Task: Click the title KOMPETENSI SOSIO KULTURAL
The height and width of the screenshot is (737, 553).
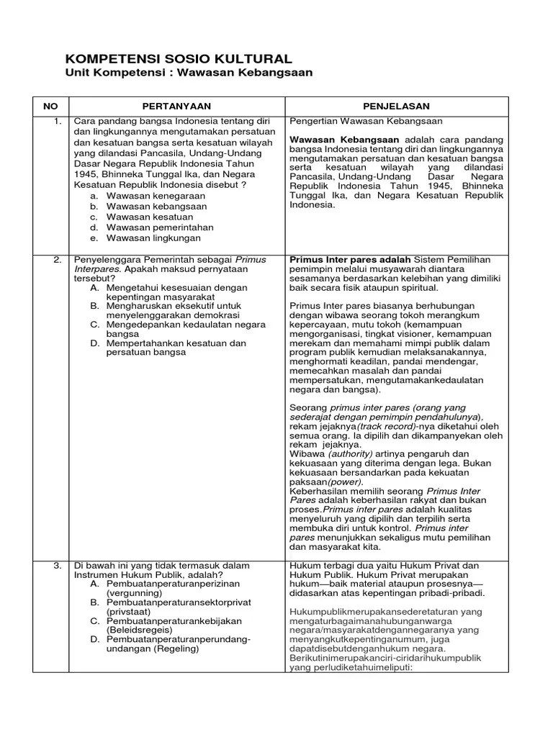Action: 179,59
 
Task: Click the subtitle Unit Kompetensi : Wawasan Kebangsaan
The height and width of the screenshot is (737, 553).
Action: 189,73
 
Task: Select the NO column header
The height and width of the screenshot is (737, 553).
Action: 50,106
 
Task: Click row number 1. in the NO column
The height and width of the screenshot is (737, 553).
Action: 58,121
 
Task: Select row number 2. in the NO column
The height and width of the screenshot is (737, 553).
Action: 58,260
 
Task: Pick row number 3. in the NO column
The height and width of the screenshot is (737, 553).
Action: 58,565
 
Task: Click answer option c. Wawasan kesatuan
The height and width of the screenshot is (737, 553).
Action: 144,217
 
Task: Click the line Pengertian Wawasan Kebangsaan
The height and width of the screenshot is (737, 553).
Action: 366,121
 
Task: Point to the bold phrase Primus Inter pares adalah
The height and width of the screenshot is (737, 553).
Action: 350,260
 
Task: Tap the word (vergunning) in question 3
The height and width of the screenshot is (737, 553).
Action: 135,593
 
